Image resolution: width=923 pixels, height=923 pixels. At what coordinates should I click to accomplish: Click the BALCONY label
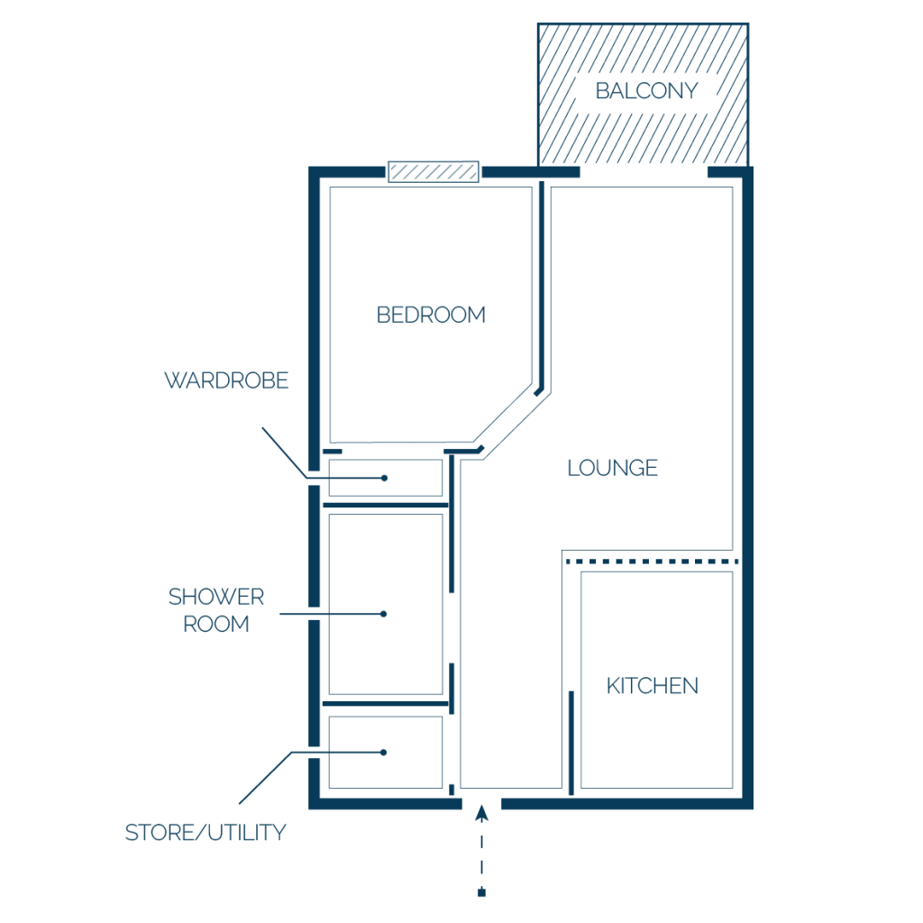pyautogui.click(x=646, y=91)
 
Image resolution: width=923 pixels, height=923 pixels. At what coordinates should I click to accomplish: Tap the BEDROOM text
pyautogui.click(x=431, y=315)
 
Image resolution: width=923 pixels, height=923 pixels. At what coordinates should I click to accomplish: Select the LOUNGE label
pyautogui.click(x=612, y=468)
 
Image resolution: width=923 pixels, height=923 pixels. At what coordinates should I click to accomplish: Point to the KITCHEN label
pyautogui.click(x=653, y=686)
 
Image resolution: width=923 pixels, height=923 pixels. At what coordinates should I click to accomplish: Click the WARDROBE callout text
pyautogui.click(x=226, y=380)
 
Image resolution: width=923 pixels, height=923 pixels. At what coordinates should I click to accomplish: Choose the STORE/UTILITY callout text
pyautogui.click(x=206, y=832)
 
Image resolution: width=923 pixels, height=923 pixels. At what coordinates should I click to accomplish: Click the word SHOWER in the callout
pyautogui.click(x=216, y=597)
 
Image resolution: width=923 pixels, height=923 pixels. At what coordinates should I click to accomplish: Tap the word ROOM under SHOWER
pyautogui.click(x=216, y=624)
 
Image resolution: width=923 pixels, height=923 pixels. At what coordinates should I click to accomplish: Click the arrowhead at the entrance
pyautogui.click(x=481, y=813)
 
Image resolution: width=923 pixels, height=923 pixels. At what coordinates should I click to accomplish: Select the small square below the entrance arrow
pyautogui.click(x=481, y=893)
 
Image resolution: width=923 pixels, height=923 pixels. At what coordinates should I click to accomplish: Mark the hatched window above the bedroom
pyautogui.click(x=434, y=172)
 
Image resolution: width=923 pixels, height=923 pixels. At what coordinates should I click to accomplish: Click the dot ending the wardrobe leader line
pyautogui.click(x=384, y=478)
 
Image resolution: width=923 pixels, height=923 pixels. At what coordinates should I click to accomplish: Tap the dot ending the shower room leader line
pyautogui.click(x=383, y=614)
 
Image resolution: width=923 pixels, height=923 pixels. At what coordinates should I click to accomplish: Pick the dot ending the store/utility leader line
pyautogui.click(x=383, y=753)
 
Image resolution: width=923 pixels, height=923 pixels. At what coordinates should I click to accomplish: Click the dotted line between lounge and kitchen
pyautogui.click(x=653, y=562)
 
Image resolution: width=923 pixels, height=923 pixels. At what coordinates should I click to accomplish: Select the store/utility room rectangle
pyautogui.click(x=386, y=753)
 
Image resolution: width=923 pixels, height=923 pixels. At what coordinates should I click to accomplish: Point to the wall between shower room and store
pyautogui.click(x=386, y=703)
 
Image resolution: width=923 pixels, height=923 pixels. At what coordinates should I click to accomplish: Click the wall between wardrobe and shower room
pyautogui.click(x=386, y=505)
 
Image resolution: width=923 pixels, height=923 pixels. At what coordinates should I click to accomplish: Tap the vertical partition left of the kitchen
pyautogui.click(x=571, y=743)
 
